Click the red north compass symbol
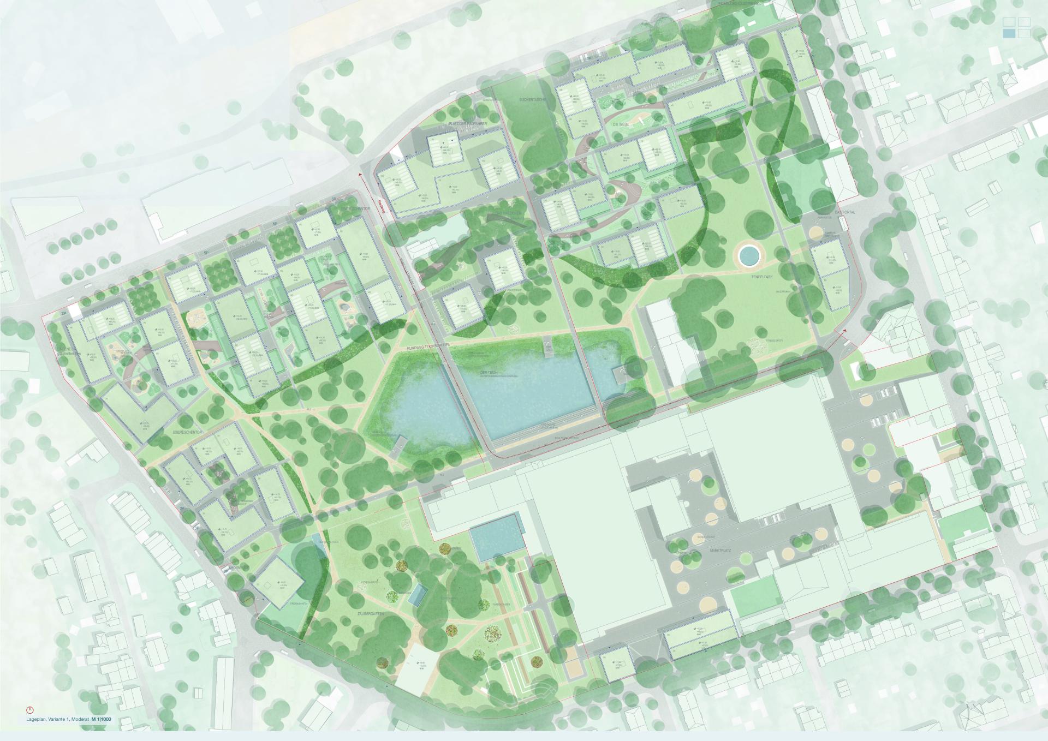pyautogui.click(x=29, y=710)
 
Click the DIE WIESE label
pyautogui.click(x=622, y=125)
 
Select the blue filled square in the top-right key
pyautogui.click(x=1009, y=33)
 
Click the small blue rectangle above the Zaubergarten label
pyautogui.click(x=417, y=595)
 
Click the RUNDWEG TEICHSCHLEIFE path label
pyautogui.click(x=434, y=348)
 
